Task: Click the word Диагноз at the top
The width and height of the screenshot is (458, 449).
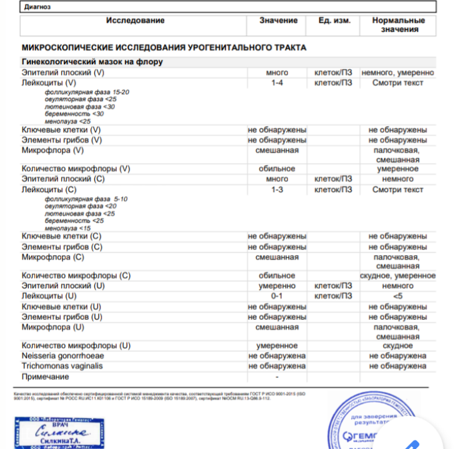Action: coord(36,7)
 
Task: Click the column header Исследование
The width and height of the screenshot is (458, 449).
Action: coord(135,21)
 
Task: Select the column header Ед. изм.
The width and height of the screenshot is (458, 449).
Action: coord(334,21)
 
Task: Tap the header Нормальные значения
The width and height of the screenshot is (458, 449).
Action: coord(398,25)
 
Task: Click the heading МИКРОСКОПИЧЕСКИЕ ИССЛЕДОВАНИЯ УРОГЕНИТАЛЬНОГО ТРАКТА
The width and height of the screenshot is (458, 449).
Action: coord(164,47)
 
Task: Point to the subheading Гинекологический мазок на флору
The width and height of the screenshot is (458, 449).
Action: coord(92,62)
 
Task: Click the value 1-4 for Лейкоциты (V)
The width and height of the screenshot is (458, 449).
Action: coord(277,82)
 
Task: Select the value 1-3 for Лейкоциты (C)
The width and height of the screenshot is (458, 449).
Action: coord(277,190)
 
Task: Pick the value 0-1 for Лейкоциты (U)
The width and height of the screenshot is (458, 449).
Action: coord(277,296)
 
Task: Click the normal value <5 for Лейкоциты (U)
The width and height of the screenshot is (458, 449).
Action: coord(398,296)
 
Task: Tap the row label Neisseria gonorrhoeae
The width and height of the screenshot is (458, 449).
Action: coord(62,355)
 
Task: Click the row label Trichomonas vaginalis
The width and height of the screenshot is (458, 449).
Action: coord(62,366)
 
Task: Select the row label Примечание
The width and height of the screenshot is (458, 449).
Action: coord(46,377)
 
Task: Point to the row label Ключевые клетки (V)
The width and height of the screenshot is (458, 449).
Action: coord(61,130)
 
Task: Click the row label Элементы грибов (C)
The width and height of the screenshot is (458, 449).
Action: coord(62,247)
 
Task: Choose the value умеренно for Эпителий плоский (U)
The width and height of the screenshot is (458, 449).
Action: coord(277,286)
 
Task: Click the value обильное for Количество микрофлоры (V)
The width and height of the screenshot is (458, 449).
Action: coord(277,168)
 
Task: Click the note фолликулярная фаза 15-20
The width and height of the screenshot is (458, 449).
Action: coord(87,92)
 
